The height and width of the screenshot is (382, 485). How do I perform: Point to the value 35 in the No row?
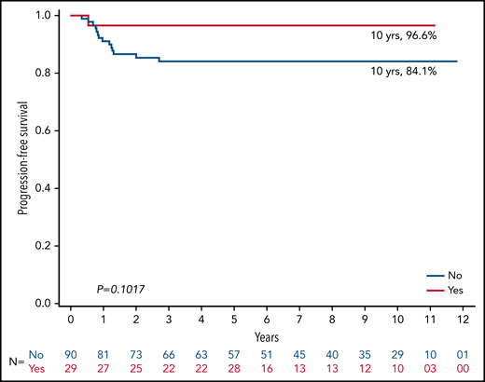coord(366,355)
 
